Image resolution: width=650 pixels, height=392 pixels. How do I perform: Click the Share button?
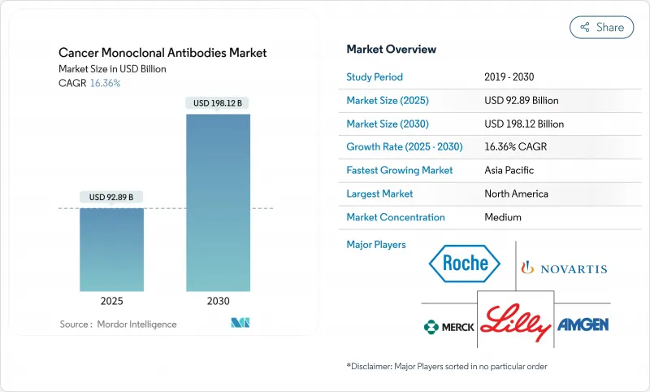pos(602,27)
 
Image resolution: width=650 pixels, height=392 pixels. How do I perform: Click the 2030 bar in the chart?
pos(219,203)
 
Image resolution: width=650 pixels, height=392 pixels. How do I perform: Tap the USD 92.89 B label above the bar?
pos(111,197)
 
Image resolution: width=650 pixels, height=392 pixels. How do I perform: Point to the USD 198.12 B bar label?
pos(219,103)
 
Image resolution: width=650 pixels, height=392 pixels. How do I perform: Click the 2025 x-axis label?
pos(111,301)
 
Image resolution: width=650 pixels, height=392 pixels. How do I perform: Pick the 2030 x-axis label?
pos(219,301)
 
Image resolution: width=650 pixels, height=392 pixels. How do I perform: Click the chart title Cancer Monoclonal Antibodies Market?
pos(162,53)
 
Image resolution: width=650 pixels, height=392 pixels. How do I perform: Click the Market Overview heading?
pos(391,50)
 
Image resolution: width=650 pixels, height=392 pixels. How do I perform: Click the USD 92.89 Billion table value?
pos(521,101)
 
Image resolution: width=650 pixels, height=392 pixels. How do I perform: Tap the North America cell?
pos(516,194)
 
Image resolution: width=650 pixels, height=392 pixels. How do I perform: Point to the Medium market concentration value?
pos(502,217)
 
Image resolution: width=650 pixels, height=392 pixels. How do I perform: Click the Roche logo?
pos(466,263)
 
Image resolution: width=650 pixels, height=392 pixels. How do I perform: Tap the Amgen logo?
pos(583,324)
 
